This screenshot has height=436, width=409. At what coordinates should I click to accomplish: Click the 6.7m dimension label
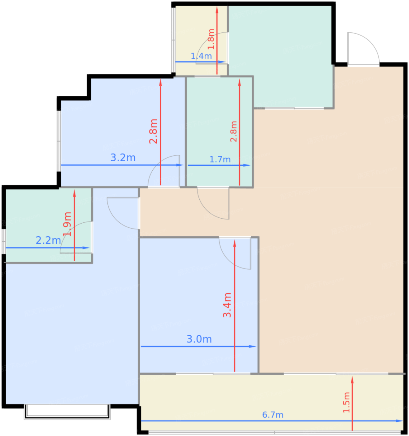273,415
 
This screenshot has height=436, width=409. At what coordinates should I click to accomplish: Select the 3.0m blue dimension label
199,339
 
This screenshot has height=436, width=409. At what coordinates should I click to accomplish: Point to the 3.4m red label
227,305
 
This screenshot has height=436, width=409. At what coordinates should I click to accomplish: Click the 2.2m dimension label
48,240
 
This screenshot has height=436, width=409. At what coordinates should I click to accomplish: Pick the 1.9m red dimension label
67,224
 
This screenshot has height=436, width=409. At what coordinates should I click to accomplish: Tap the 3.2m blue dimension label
123,158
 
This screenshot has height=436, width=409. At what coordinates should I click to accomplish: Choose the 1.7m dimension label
220,159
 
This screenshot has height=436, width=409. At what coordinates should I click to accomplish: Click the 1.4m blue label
201,56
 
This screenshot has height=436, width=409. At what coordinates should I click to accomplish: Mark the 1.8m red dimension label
211,39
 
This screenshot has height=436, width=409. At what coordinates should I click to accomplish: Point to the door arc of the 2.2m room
69,230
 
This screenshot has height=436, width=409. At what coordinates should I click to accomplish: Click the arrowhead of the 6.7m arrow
399,421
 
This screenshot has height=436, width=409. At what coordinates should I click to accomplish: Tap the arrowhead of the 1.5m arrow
352,380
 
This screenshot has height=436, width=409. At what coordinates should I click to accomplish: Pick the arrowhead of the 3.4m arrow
234,243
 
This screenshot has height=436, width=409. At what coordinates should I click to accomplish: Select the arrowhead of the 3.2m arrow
180,165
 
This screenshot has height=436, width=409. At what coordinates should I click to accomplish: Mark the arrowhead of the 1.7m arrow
247,165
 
